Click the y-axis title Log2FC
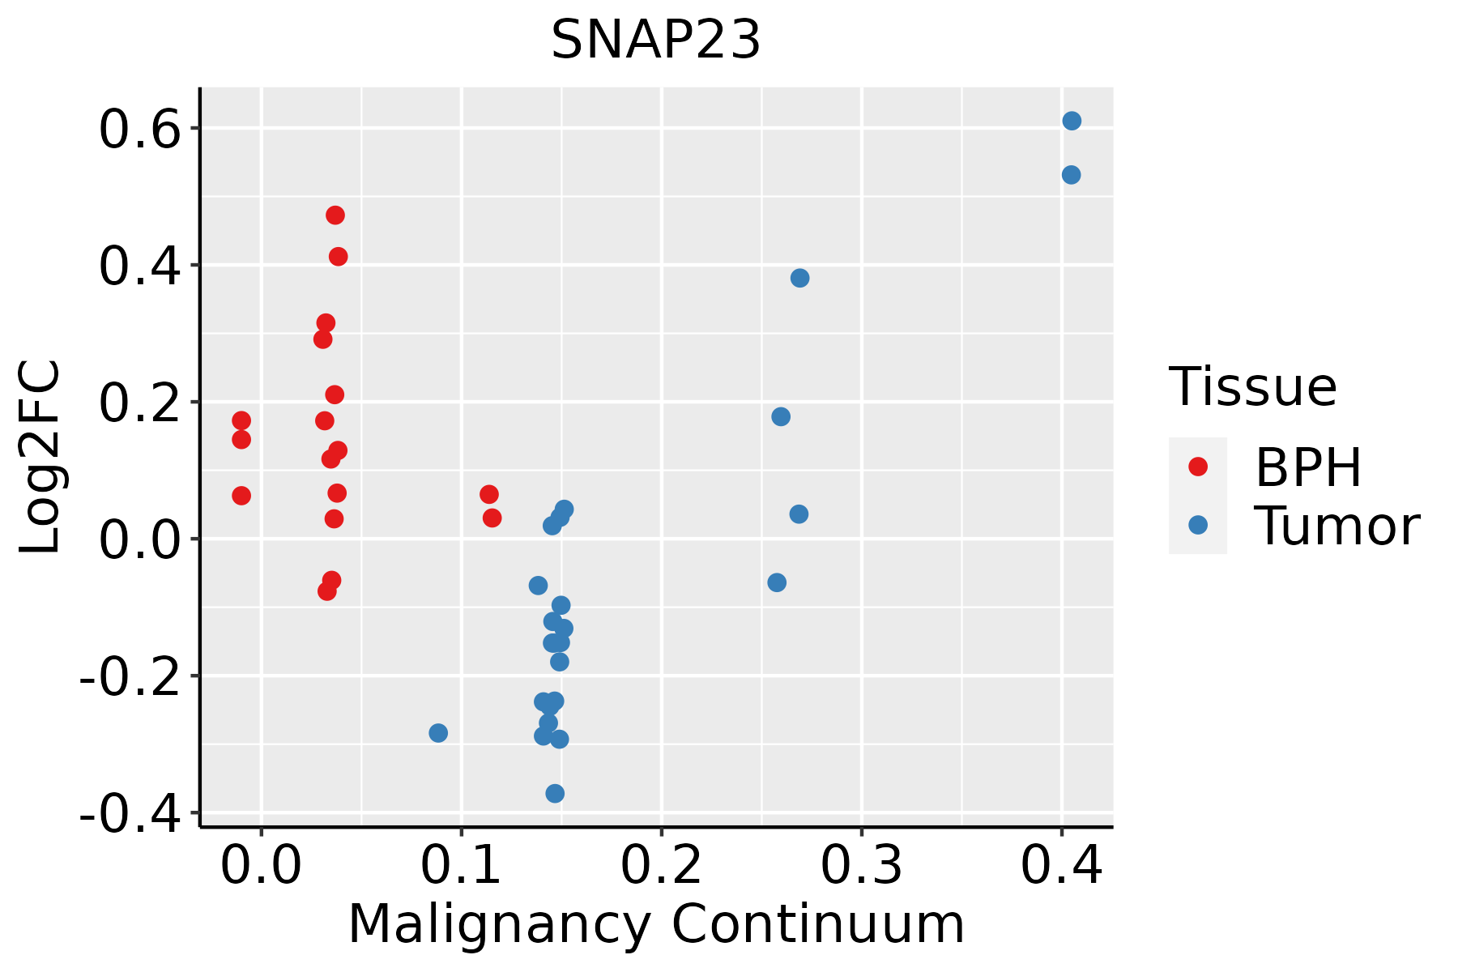(40, 458)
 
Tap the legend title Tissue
(1252, 387)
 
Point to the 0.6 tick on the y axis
(139, 130)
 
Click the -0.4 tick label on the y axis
(129, 813)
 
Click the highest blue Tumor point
(1072, 122)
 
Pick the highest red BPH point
(335, 215)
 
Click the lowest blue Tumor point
(555, 794)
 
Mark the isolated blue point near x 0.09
(438, 733)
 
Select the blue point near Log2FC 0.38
(799, 279)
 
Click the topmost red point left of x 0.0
(241, 420)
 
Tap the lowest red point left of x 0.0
(241, 496)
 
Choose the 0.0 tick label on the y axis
(139, 539)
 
